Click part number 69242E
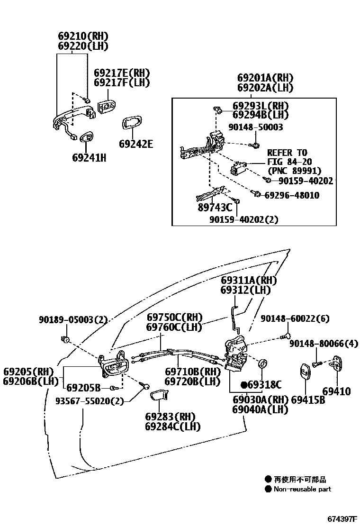click(x=136, y=144)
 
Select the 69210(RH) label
click(x=83, y=36)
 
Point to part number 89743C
click(x=215, y=207)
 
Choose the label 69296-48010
click(x=291, y=195)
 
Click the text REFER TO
click(x=287, y=153)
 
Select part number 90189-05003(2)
click(x=73, y=320)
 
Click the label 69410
click(x=337, y=391)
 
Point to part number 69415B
click(x=308, y=400)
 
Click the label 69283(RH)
click(x=170, y=417)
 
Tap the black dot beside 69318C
click(x=244, y=384)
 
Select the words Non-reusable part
click(x=302, y=489)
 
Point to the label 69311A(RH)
click(x=249, y=280)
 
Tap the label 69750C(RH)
click(x=174, y=317)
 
